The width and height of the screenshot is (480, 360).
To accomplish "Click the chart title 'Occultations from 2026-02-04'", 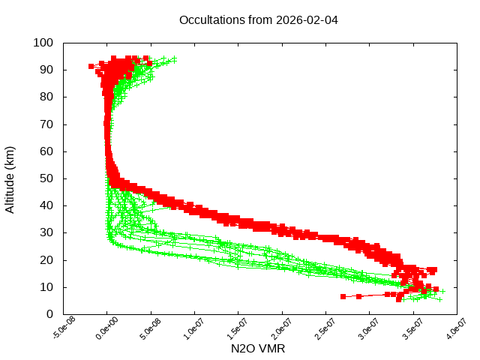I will pos(258,19).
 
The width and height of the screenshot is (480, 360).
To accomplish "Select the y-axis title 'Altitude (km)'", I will pos(10,178).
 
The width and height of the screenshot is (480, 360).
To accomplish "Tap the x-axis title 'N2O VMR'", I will pos(258,348).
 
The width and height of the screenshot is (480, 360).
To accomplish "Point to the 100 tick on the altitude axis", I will pos(43,43).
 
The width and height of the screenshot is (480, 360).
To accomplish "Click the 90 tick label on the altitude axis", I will pos(46,70).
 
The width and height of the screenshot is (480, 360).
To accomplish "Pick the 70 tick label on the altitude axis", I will pos(46,124).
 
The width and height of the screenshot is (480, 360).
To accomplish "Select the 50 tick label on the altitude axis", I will pos(46,178).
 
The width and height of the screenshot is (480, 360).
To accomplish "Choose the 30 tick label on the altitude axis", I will pos(46,232).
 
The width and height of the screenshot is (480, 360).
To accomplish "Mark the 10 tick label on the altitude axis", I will pos(46,287).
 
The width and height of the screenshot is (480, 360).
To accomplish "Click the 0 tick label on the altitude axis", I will pos(49,314).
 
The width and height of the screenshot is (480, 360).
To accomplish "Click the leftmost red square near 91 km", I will pos(91,66).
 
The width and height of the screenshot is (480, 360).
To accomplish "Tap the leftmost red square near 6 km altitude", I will pos(343,296).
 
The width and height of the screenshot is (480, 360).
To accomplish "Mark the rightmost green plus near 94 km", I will pos(174,58).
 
